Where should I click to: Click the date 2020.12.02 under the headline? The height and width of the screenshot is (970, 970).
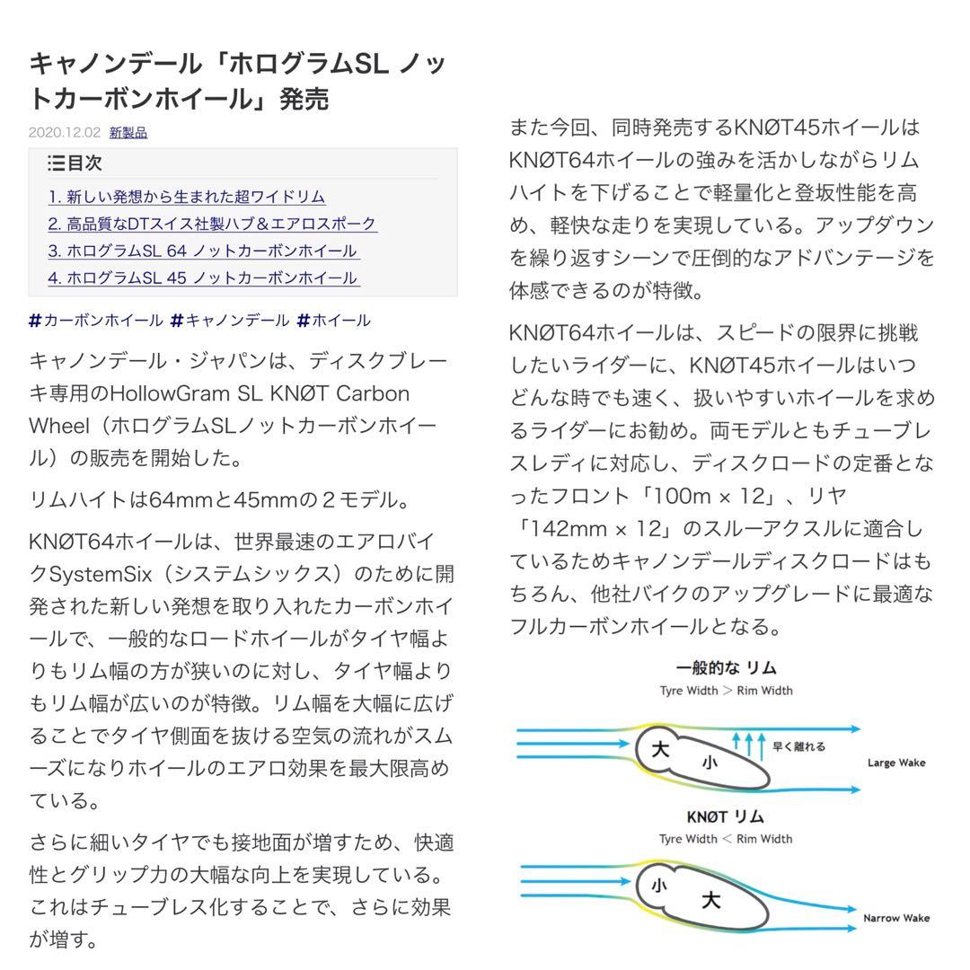(65, 132)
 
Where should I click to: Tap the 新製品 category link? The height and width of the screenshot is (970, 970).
(128, 132)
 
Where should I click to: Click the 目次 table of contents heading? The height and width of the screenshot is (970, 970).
(75, 163)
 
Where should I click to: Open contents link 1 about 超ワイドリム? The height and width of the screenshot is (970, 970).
(187, 197)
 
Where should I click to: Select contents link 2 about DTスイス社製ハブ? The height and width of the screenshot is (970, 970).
(212, 224)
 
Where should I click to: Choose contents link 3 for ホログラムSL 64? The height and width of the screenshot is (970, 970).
(203, 251)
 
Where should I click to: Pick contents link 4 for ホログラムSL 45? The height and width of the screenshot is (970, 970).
(203, 278)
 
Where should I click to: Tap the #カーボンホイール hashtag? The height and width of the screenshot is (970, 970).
(96, 320)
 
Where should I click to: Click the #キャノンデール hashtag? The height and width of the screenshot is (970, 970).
(230, 320)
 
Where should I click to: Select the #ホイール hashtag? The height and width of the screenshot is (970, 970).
(333, 320)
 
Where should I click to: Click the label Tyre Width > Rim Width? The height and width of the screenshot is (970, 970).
(726, 691)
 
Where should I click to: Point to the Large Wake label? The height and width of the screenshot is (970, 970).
(895, 763)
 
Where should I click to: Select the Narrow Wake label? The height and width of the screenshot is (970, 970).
(895, 918)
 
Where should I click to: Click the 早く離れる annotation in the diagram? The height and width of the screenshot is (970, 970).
(798, 745)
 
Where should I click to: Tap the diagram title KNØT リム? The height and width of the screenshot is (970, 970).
(725, 816)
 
